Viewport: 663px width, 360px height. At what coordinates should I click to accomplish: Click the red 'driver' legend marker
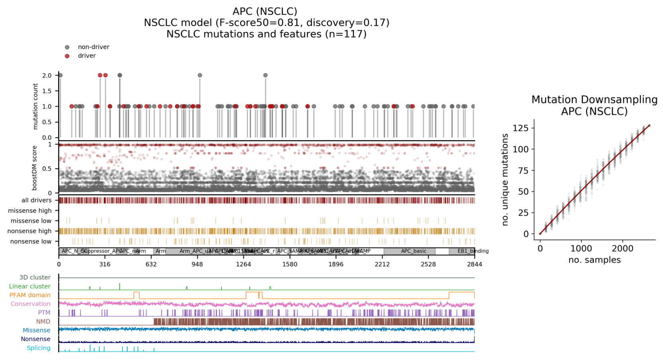point(67,56)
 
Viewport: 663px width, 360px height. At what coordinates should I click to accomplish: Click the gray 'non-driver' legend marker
point(67,47)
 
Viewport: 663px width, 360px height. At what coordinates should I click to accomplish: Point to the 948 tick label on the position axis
point(197,265)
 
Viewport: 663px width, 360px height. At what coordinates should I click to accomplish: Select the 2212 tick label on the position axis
point(382,265)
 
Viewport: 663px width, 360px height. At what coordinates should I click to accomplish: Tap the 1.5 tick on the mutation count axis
point(47,91)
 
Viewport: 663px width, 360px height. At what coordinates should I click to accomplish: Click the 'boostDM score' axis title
point(35,168)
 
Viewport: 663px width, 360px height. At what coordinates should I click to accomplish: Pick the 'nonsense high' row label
point(29,231)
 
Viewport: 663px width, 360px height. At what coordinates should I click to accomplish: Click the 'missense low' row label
point(31,221)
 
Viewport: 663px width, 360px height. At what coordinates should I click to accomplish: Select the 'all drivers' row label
point(37,200)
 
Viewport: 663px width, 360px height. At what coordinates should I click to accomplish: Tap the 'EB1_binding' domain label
point(472,251)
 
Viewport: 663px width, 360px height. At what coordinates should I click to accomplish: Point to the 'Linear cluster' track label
point(30,286)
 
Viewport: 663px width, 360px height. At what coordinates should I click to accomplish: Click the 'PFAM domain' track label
point(30,295)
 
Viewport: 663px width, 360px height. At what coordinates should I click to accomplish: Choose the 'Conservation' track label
point(31,304)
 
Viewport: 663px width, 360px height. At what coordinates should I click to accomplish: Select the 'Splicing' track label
point(39,348)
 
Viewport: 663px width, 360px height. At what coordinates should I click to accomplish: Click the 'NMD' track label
point(43,321)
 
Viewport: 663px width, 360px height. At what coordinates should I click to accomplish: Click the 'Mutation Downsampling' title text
point(594,99)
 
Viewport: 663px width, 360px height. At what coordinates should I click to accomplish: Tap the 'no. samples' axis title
point(594,260)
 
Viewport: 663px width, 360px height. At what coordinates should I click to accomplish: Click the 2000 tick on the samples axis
point(622,249)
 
